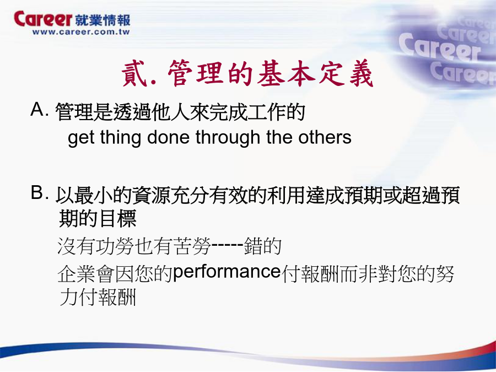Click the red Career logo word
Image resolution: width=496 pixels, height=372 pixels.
tap(43, 19)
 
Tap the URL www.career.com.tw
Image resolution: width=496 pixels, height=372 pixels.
tap(81, 31)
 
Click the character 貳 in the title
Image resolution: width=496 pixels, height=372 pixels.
tap(134, 73)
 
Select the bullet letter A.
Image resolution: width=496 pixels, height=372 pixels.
tap(37, 110)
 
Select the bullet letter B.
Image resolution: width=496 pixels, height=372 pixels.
tap(37, 192)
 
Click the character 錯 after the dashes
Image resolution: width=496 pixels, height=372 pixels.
tap(253, 246)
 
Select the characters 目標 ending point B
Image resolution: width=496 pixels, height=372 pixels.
tap(117, 218)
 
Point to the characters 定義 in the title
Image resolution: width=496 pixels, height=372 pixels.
tap(346, 73)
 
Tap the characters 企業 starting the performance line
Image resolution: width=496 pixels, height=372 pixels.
tap(77, 273)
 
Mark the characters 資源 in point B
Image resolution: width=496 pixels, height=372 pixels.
tap(151, 195)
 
